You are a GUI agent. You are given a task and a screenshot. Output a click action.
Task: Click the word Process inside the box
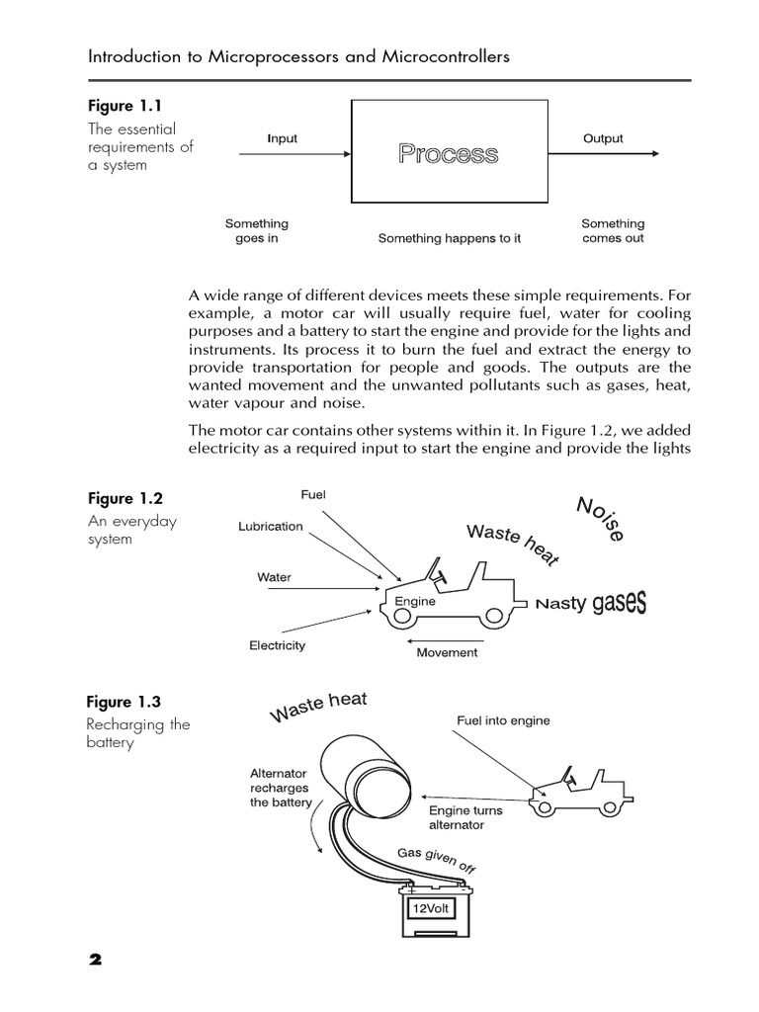point(448,154)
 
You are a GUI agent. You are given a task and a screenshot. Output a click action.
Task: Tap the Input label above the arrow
point(282,138)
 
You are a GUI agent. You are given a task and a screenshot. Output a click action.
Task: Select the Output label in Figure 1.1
point(603,138)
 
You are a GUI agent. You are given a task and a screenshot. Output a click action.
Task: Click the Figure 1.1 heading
point(123,105)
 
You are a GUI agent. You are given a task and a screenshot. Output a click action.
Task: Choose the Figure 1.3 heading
point(123,702)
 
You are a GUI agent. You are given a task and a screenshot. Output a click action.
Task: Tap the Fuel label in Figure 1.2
point(313,494)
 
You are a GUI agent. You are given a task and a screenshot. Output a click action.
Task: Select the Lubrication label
point(271,527)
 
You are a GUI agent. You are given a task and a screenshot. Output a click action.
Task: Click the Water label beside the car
point(274,577)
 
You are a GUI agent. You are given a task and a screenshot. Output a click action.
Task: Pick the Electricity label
point(277,645)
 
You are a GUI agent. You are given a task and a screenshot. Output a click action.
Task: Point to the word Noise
point(600,519)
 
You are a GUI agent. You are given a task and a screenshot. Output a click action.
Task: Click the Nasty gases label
point(591,603)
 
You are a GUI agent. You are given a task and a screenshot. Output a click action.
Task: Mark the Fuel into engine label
point(503,721)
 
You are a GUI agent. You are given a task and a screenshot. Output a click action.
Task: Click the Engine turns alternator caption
point(465,817)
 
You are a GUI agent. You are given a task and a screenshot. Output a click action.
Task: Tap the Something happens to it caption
point(450,239)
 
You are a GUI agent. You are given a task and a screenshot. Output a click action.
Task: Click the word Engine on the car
point(414,600)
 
